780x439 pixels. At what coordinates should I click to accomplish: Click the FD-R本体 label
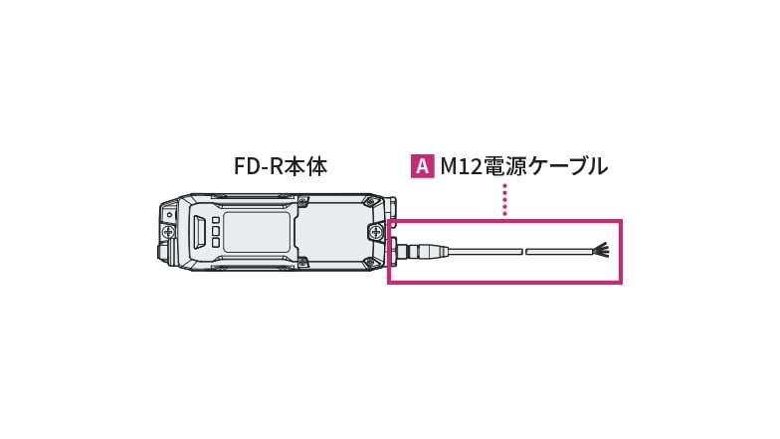(x=280, y=167)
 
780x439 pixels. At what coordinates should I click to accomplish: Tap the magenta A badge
(x=422, y=166)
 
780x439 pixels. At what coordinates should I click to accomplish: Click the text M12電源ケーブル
(x=523, y=167)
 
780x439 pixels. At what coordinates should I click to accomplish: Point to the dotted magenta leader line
(x=504, y=199)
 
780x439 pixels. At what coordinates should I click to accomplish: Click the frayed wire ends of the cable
(x=600, y=251)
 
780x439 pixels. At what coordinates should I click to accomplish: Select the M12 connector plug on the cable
(x=424, y=252)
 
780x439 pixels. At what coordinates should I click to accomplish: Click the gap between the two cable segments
(x=524, y=252)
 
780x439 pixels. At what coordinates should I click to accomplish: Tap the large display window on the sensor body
(x=257, y=232)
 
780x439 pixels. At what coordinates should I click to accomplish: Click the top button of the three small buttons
(x=216, y=220)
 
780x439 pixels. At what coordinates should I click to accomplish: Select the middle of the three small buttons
(x=216, y=231)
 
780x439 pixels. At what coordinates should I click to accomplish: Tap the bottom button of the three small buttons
(x=216, y=243)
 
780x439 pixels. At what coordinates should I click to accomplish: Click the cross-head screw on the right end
(x=375, y=232)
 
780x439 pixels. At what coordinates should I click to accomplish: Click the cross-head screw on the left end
(x=168, y=232)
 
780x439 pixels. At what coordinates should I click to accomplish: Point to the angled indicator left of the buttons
(x=199, y=232)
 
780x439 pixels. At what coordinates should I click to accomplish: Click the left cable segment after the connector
(x=485, y=252)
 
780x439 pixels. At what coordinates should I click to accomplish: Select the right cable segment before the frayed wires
(x=559, y=252)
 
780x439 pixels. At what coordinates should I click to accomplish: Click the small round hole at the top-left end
(x=169, y=214)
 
